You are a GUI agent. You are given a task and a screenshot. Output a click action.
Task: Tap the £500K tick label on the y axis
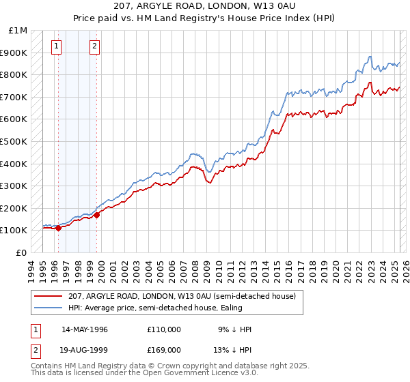pyautogui.click(x=13, y=141)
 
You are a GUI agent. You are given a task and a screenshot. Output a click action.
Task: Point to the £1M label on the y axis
pyautogui.click(x=18, y=30)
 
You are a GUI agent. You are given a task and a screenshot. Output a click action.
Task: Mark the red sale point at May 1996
pyautogui.click(x=58, y=229)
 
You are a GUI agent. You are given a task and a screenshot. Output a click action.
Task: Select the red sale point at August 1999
pyautogui.click(x=96, y=215)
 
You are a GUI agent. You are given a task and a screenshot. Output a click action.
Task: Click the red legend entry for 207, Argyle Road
pyautogui.click(x=181, y=296)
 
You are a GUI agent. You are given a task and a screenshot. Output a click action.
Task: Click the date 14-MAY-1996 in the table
pyautogui.click(x=85, y=329)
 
